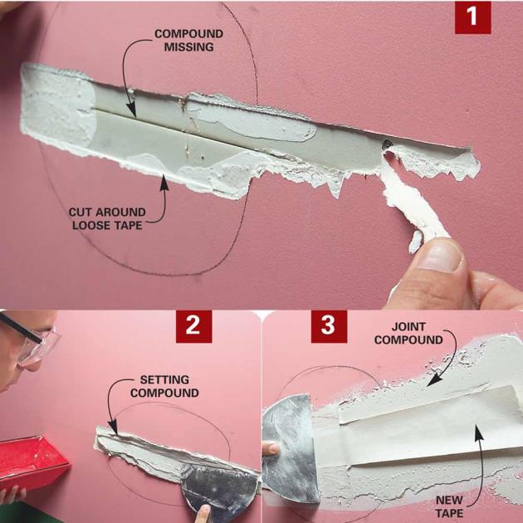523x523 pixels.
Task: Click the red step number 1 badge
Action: click(472, 17)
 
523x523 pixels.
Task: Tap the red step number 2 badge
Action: click(193, 326)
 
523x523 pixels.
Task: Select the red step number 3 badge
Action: click(329, 326)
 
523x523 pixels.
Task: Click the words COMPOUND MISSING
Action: click(188, 41)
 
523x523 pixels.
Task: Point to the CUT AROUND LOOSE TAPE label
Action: click(107, 218)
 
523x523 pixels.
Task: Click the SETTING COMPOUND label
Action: click(164, 386)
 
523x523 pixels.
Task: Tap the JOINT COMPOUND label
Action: click(408, 333)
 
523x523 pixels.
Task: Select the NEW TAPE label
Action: click(449, 506)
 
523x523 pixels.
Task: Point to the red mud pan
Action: click(32, 462)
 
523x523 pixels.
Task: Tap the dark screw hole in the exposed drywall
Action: click(387, 144)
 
